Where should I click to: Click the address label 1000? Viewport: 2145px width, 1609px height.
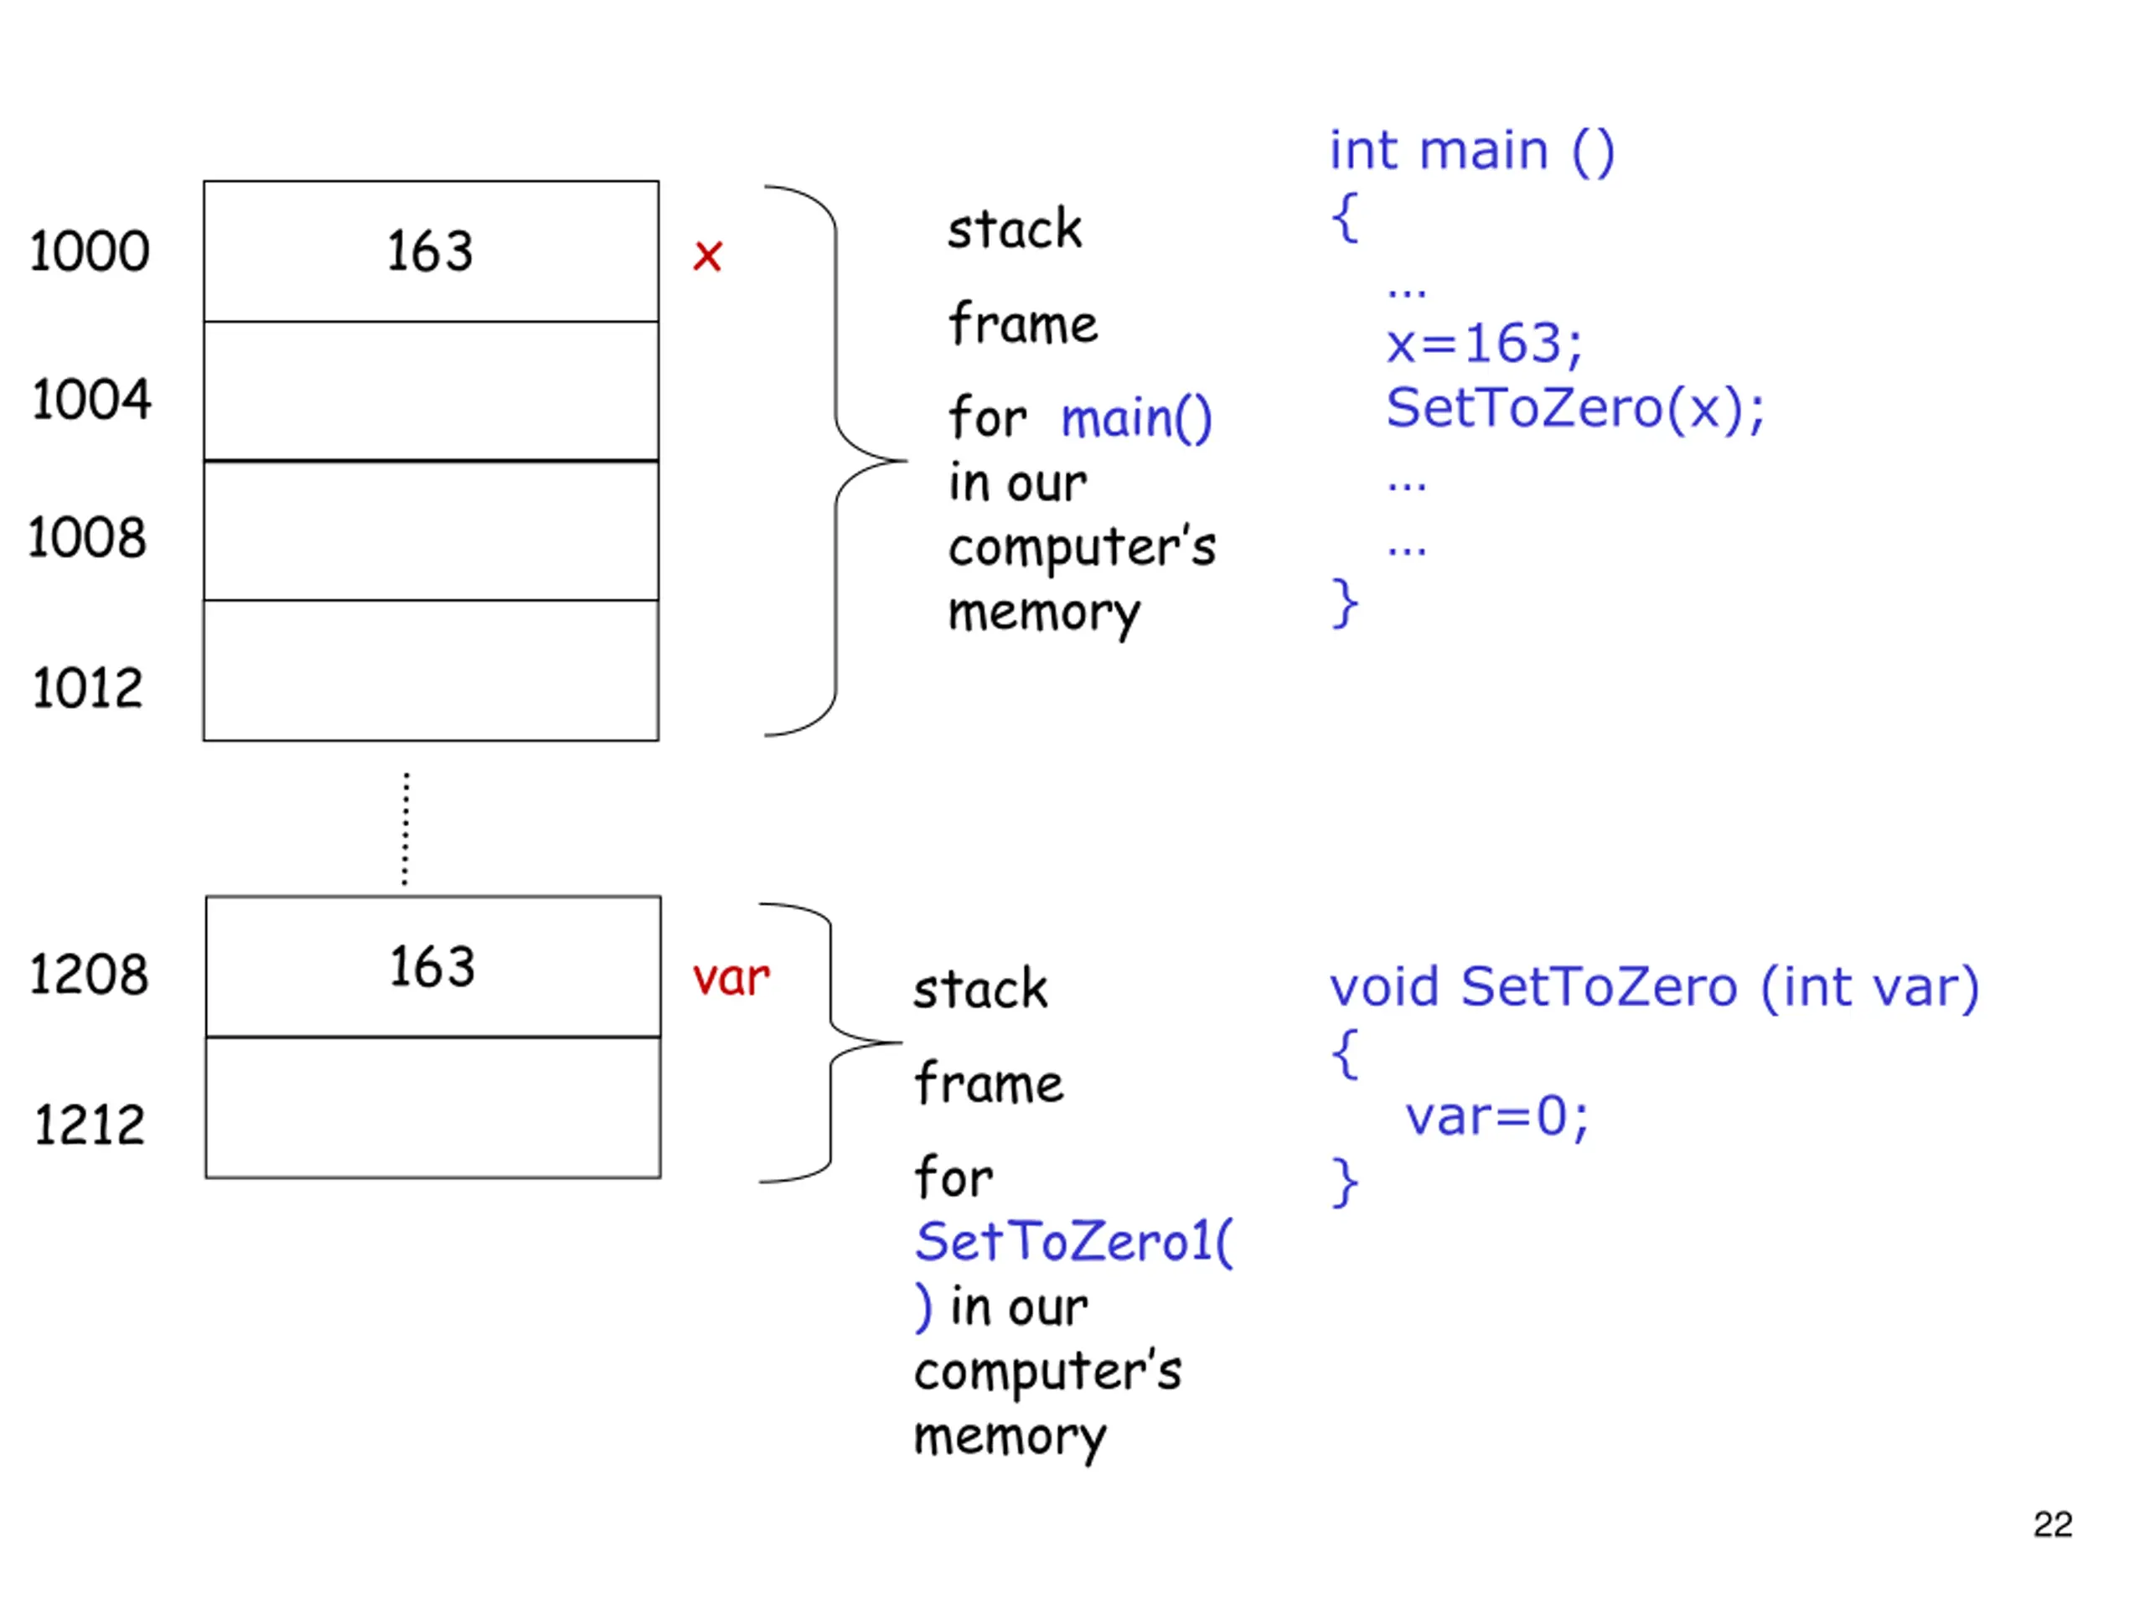click(89, 251)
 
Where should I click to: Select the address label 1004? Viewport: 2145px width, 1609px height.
click(91, 399)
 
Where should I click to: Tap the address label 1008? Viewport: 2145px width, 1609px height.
click(87, 537)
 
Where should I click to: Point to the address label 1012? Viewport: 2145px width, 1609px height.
click(87, 689)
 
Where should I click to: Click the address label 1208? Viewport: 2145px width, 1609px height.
click(89, 974)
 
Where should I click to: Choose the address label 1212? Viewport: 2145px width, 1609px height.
click(89, 1125)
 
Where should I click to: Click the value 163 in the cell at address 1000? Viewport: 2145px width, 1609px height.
click(430, 251)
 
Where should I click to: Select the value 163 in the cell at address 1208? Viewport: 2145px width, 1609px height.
click(432, 967)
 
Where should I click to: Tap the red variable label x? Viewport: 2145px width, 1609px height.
click(708, 256)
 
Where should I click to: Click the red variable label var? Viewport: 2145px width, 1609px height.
click(731, 978)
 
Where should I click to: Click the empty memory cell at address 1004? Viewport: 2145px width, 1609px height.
click(432, 391)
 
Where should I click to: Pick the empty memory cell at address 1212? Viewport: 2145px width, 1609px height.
click(433, 1108)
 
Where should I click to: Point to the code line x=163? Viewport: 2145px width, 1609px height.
click(1484, 344)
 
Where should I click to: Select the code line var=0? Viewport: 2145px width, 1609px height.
click(1497, 1116)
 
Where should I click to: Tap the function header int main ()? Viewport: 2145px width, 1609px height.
click(1472, 152)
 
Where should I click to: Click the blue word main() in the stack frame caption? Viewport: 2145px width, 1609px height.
click(1136, 419)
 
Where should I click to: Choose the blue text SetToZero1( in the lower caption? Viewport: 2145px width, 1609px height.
click(1074, 1243)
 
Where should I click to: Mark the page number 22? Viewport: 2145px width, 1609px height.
click(2053, 1524)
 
